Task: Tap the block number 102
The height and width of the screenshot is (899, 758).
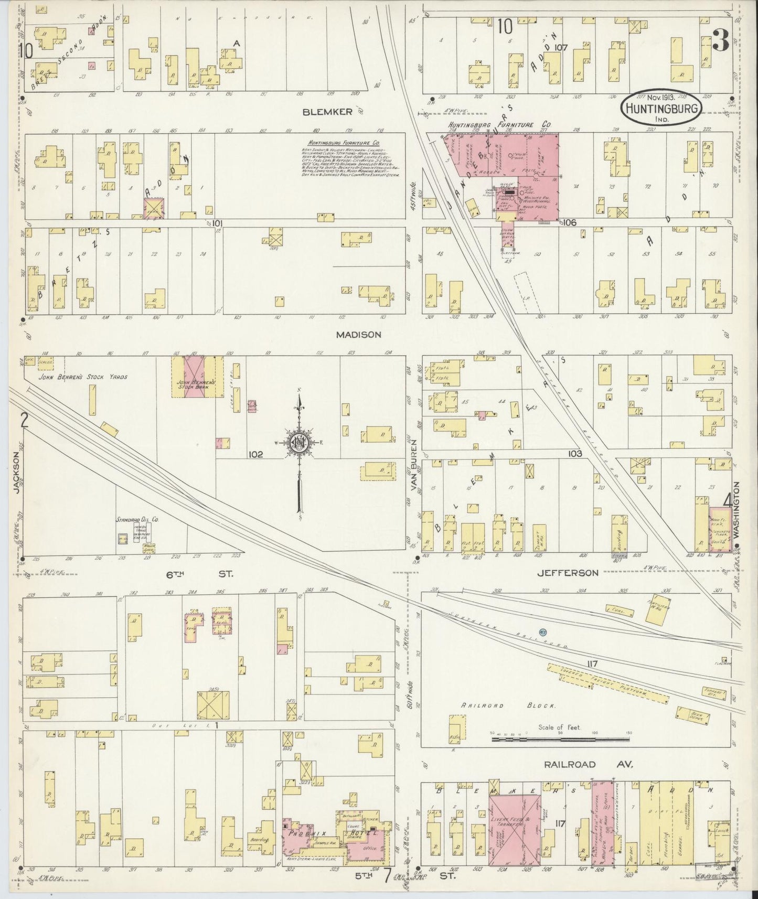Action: coord(256,454)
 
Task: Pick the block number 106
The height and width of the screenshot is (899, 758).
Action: coord(570,222)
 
